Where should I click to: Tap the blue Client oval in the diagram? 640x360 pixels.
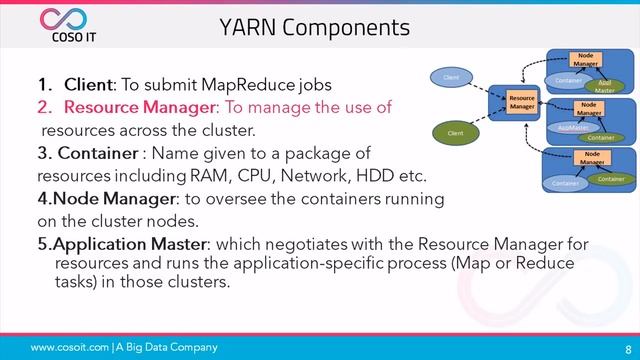(451, 76)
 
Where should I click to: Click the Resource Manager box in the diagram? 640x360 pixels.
(521, 103)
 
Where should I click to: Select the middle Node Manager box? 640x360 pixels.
(590, 108)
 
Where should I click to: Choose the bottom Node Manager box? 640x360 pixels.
(592, 157)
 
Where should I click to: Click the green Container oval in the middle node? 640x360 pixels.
(600, 137)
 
